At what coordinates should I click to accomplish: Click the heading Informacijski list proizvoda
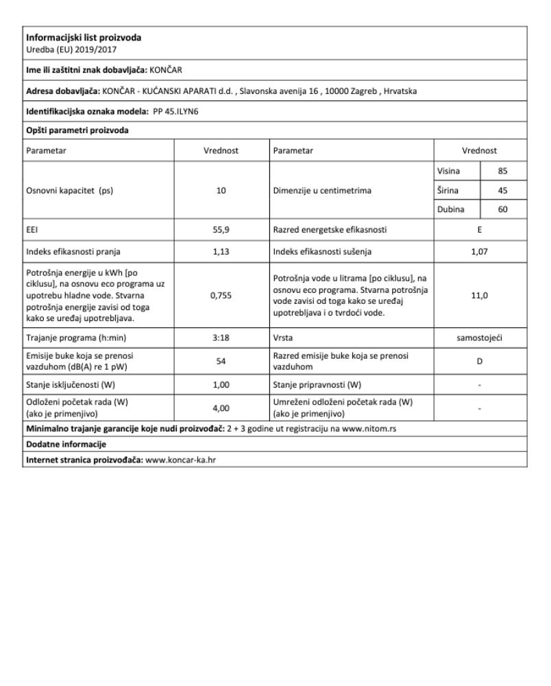tap(83, 37)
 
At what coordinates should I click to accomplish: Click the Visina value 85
tap(503, 171)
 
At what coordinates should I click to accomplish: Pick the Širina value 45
tap(503, 190)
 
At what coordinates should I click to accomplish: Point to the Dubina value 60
tap(503, 209)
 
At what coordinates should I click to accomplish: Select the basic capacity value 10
tap(221, 191)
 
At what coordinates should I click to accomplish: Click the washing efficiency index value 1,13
tap(221, 251)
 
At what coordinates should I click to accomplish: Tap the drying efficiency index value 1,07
tap(480, 251)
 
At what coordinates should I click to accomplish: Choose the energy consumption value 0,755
tap(221, 294)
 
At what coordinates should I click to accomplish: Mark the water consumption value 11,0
tap(480, 294)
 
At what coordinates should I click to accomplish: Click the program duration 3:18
tap(221, 338)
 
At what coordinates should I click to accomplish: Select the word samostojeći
tap(480, 338)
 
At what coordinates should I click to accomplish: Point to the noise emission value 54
tap(221, 360)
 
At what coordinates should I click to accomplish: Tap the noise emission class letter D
tap(480, 360)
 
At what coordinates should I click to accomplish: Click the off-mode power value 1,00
tap(221, 384)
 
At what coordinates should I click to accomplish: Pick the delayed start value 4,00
tap(221, 407)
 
